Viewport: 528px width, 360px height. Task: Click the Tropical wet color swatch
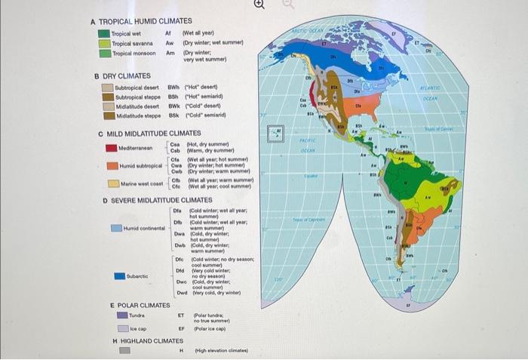pyautogui.click(x=105, y=34)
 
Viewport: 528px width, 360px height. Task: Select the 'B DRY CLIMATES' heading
pyautogui.click(x=122, y=75)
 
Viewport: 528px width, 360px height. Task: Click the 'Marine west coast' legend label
pyautogui.click(x=142, y=183)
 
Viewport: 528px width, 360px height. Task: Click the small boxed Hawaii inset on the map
pyautogui.click(x=277, y=133)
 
